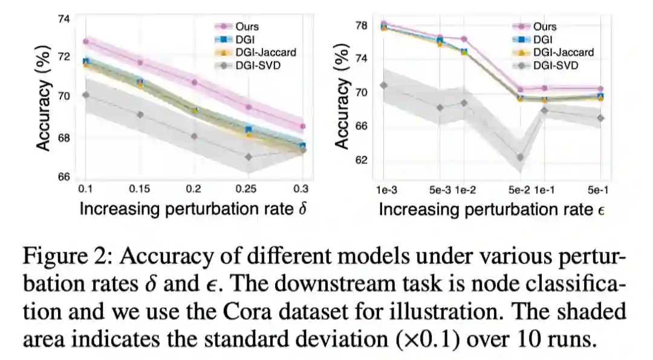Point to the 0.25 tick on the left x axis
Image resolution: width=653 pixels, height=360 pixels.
pos(248,189)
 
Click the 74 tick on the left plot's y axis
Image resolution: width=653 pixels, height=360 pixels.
pos(63,19)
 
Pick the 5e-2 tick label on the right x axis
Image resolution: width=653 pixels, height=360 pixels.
pos(518,189)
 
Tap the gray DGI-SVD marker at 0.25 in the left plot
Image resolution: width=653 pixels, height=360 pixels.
pos(249,157)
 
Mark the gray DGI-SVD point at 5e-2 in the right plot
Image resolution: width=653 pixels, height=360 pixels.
pos(519,157)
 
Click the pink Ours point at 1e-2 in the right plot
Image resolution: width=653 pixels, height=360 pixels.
pos(464,39)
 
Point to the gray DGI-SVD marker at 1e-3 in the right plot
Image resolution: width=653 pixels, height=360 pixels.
pos(383,85)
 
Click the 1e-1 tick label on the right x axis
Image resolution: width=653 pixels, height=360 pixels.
pos(545,189)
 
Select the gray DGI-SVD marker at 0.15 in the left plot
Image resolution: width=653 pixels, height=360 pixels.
pos(140,114)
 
